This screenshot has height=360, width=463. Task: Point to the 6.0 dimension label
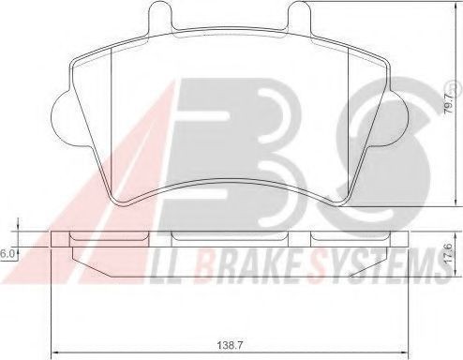[x=7, y=254]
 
